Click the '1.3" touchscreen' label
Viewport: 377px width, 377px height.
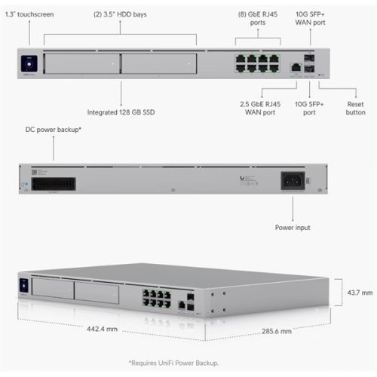click(27, 14)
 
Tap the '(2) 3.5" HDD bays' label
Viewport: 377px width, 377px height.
click(120, 14)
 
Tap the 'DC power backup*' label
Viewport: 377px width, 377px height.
click(54, 130)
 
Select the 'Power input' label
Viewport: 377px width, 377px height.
click(292, 227)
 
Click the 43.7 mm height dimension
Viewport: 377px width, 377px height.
click(351, 293)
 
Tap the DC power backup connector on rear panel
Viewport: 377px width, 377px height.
click(54, 182)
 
